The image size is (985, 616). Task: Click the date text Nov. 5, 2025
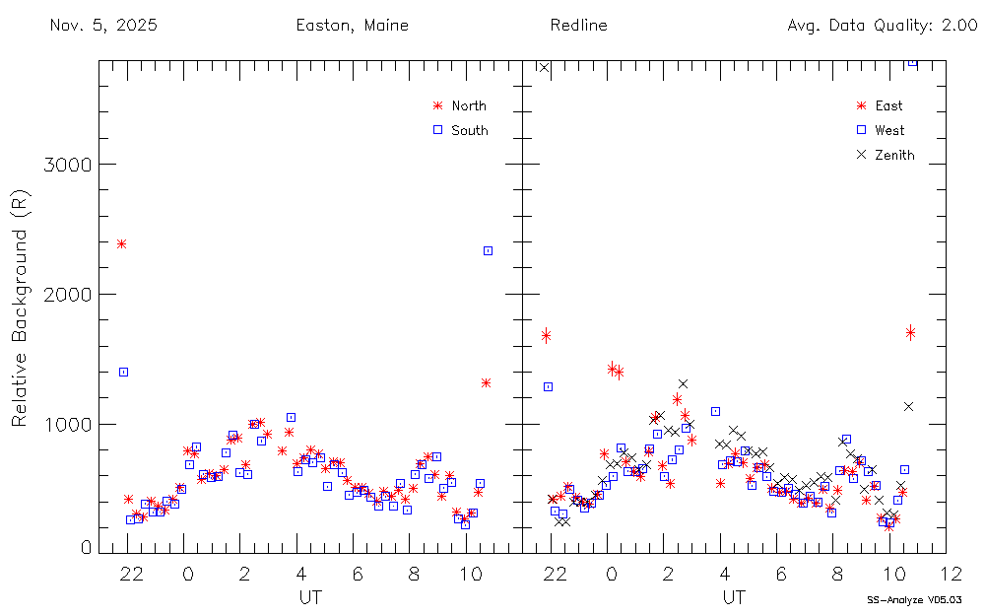point(102,26)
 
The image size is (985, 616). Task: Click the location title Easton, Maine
point(352,26)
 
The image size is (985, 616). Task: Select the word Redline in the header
point(578,26)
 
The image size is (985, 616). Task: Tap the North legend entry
point(468,106)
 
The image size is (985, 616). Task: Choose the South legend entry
point(469,130)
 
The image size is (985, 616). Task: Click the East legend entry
point(887,106)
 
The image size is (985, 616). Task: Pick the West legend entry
point(888,130)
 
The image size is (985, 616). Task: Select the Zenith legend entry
point(893,155)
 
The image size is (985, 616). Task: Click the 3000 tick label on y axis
point(66,165)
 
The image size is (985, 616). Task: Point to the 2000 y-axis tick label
point(66,295)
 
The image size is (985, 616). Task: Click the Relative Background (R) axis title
point(19,310)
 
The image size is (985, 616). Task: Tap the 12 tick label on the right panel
point(951,574)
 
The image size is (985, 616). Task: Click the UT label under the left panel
point(309,597)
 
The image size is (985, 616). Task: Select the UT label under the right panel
point(733,597)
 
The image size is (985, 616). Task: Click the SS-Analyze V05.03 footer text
point(913,599)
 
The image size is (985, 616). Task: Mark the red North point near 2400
point(121,243)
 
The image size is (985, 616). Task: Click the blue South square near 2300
point(488,251)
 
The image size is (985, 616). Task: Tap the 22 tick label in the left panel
point(129,574)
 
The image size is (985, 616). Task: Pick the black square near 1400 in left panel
point(123,372)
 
